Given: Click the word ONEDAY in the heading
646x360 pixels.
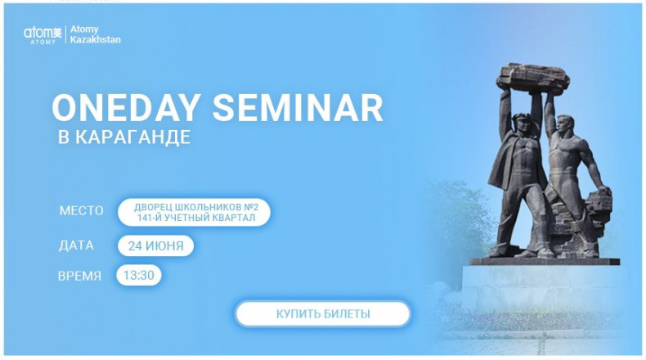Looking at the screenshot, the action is coord(126,108).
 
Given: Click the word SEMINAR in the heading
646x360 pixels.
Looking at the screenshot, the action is coord(298,108).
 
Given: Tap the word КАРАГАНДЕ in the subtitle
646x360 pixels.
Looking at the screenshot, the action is coord(132,137).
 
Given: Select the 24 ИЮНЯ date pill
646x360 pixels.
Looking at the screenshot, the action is coord(155,245).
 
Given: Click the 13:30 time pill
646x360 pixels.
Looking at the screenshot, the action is coord(139,275).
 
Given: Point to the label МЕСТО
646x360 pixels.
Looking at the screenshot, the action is coord(81,211).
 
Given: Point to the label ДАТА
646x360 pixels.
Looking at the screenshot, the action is coord(76,245).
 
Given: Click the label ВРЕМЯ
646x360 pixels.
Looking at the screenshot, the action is coord(79,276).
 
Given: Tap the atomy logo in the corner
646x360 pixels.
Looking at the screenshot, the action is coord(43,34).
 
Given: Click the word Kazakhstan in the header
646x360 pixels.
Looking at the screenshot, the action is coord(95,39).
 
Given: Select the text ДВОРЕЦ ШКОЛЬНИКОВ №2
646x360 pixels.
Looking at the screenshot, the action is coord(196,207).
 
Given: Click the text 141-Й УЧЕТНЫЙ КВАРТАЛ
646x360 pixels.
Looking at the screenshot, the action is coord(196,218).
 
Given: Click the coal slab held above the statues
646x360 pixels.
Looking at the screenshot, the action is coord(533,79).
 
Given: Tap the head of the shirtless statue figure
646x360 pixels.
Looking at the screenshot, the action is coord(564,125).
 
